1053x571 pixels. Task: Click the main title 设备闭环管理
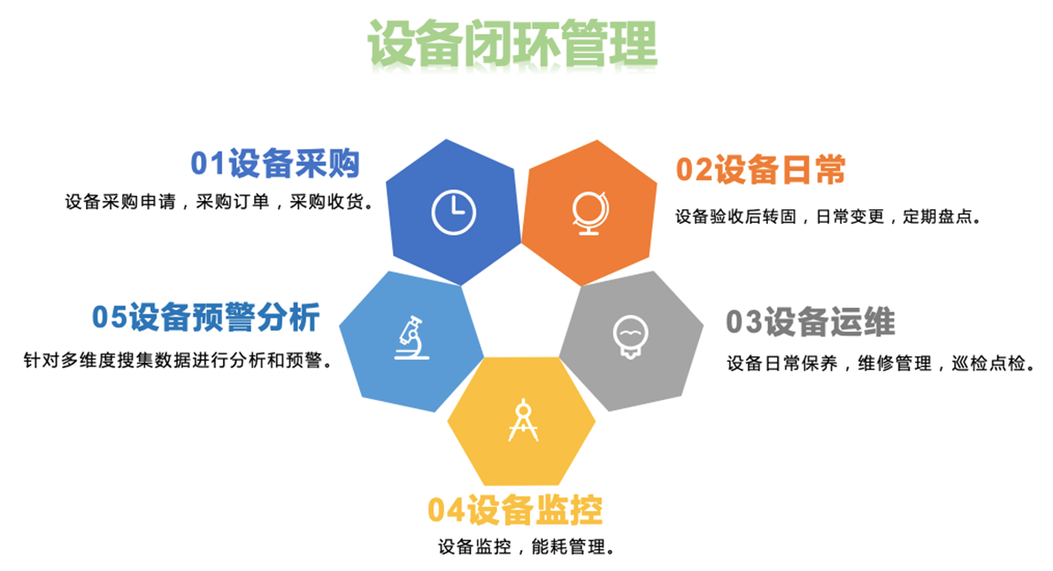click(513, 44)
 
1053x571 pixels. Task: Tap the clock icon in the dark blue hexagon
click(453, 213)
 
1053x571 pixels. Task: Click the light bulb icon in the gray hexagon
click(630, 336)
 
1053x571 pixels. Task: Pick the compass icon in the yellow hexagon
click(523, 420)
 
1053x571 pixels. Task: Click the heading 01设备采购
click(275, 164)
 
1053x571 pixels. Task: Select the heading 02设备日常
click(760, 170)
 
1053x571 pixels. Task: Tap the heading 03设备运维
click(811, 322)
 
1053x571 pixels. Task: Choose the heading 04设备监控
click(516, 510)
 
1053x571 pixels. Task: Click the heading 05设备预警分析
click(207, 317)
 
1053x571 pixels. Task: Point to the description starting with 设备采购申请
click(219, 202)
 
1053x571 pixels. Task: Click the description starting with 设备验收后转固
click(829, 217)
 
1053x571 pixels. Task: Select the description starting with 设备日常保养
click(881, 364)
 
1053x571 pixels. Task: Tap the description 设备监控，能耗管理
click(526, 547)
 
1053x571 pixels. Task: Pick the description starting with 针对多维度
click(178, 360)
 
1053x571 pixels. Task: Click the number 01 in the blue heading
click(207, 164)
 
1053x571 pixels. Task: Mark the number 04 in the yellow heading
click(446, 510)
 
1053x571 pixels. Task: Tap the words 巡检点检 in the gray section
click(988, 364)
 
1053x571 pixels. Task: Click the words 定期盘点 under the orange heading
click(938, 217)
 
